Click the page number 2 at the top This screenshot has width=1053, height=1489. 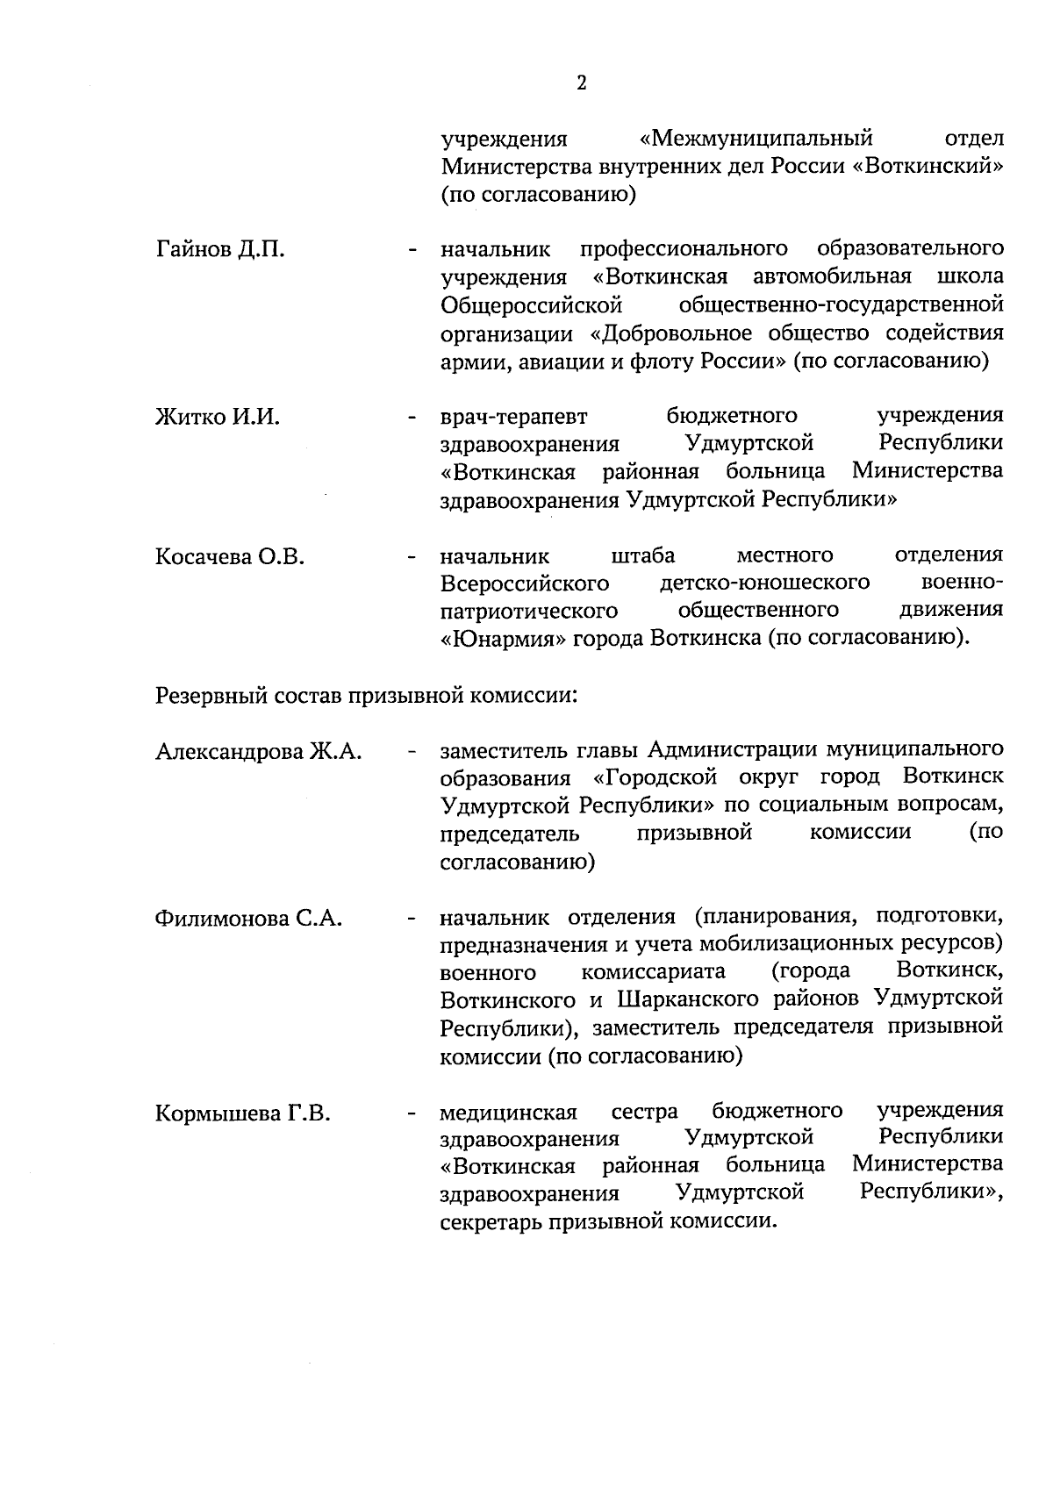click(582, 83)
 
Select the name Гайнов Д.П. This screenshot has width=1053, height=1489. click(220, 249)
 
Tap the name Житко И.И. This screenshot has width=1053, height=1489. click(218, 417)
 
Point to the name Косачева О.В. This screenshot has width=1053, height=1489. click(230, 556)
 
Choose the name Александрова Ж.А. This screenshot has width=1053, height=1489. click(259, 751)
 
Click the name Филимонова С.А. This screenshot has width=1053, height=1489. click(248, 919)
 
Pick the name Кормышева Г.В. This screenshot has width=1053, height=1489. click(243, 1113)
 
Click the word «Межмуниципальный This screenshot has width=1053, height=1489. click(757, 139)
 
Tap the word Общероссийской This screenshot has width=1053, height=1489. click(532, 305)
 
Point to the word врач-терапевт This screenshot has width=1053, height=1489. click(514, 417)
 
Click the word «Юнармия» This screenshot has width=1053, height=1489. click(502, 638)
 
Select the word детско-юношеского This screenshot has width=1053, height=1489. click(764, 582)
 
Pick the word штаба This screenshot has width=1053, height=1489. click(642, 555)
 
